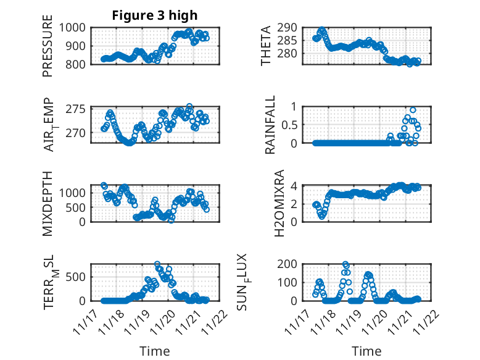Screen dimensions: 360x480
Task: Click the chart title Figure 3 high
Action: [x=155, y=15]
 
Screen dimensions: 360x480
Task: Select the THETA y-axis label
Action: [x=266, y=46]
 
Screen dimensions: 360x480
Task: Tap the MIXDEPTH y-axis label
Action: [x=48, y=204]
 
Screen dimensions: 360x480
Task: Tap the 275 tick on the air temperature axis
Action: [x=79, y=109]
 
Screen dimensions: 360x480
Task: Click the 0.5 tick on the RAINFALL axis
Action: [x=290, y=124]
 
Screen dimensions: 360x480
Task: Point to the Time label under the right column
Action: [x=366, y=351]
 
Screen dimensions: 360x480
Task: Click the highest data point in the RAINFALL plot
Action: [x=413, y=110]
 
